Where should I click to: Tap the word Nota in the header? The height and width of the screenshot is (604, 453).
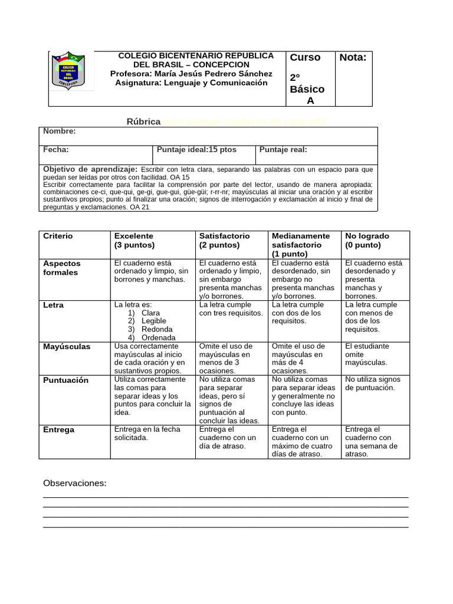tap(353, 57)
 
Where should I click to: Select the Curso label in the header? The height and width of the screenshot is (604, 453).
tap(305, 57)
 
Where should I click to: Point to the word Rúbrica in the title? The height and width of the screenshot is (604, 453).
tap(143, 122)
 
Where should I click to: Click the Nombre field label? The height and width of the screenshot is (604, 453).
tap(60, 132)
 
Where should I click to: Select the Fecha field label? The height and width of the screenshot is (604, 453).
tap(56, 150)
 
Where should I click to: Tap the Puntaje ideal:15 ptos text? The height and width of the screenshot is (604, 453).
tap(196, 150)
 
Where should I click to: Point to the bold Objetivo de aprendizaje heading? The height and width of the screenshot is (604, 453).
tap(90, 169)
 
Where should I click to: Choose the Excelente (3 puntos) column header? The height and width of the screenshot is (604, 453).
tap(134, 240)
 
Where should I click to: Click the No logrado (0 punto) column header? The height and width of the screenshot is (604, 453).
tap(367, 240)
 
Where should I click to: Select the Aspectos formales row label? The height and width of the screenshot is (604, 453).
tap(62, 268)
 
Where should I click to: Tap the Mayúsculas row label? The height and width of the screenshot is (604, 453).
tap(67, 347)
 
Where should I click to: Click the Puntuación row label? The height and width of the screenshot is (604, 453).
tap(65, 380)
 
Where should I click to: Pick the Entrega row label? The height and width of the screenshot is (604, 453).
tap(58, 430)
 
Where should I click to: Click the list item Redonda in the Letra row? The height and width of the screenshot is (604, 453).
tap(157, 329)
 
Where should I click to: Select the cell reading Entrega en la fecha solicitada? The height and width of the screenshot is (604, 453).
tap(147, 434)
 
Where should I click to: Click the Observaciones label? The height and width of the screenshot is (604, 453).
tap(75, 484)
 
